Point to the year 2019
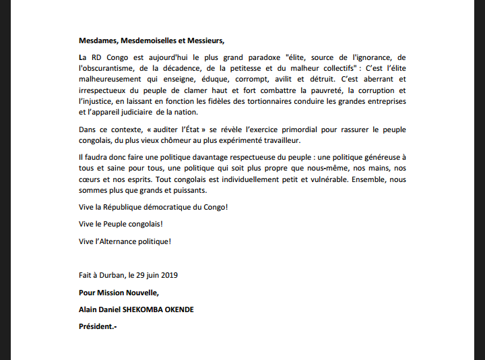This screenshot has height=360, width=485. pos(168,276)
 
